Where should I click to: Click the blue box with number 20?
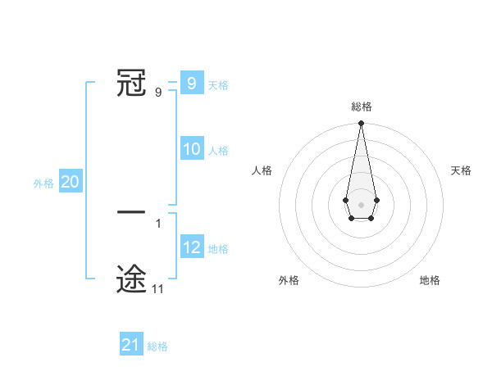click(x=70, y=183)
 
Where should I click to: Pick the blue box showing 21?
click(x=130, y=345)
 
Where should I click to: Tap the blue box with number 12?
click(x=192, y=247)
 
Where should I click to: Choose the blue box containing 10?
click(x=192, y=149)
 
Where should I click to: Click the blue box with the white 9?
click(x=192, y=84)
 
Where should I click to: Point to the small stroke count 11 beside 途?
click(x=157, y=289)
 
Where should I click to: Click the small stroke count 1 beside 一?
click(x=157, y=224)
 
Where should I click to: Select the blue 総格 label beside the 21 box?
click(x=157, y=346)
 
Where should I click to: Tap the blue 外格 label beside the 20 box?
click(x=43, y=183)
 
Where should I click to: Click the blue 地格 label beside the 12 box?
click(x=218, y=249)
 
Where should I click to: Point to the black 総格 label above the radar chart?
click(x=361, y=106)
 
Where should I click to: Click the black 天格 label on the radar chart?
click(x=461, y=170)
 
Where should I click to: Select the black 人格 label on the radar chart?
click(x=262, y=170)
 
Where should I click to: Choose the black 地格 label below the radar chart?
click(x=430, y=280)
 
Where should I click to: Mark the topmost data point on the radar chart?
click(x=361, y=124)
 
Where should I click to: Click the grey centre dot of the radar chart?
click(x=361, y=204)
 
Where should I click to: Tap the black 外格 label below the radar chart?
click(x=289, y=280)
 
